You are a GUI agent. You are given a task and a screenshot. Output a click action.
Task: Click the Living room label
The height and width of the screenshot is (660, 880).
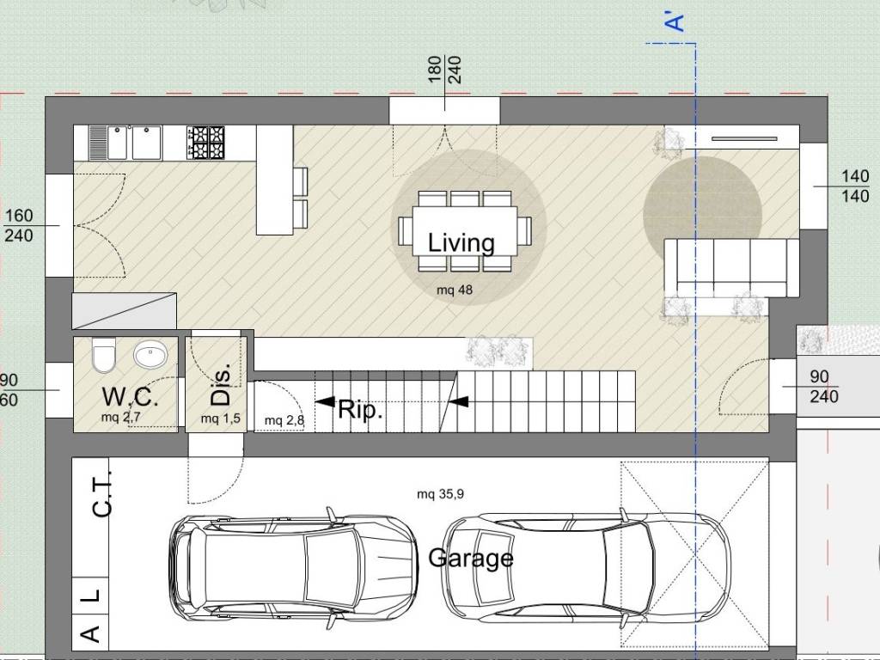click(x=461, y=242)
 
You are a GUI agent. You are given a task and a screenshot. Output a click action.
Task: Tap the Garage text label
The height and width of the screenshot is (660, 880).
click(x=471, y=558)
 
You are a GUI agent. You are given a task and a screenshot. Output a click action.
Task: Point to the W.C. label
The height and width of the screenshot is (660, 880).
click(x=131, y=397)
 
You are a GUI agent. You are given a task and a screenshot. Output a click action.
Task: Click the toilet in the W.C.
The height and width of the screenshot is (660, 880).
click(x=104, y=355)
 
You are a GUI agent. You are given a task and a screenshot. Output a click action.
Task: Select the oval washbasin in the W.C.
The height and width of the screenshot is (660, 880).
click(x=150, y=355)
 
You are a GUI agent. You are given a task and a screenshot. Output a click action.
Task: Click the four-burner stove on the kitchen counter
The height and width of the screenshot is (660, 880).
click(x=205, y=143)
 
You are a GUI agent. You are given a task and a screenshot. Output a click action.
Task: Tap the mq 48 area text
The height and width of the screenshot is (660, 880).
click(x=455, y=290)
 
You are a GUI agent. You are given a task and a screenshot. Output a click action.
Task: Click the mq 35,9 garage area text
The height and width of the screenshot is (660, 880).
click(x=441, y=494)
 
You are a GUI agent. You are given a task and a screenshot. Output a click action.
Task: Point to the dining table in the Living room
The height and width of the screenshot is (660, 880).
click(x=465, y=231)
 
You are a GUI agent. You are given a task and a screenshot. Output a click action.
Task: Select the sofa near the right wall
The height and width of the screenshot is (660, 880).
click(x=731, y=268)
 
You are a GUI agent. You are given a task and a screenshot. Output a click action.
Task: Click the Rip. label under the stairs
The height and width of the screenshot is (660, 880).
click(x=360, y=410)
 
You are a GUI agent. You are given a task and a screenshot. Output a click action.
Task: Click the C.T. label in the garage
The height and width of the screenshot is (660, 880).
click(x=102, y=494)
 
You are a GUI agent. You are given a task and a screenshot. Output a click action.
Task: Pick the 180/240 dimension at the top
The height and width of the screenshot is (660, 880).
click(x=444, y=70)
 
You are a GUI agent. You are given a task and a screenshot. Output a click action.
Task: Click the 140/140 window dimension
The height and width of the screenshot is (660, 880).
click(x=855, y=186)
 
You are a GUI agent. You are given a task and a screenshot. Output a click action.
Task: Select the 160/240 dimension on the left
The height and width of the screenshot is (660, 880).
click(x=19, y=225)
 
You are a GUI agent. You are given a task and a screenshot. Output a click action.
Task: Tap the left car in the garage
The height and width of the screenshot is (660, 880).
click(x=294, y=568)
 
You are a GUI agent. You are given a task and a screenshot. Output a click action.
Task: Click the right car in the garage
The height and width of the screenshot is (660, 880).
click(x=587, y=568)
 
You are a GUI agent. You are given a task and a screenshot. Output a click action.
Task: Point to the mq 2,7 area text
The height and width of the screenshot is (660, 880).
click(x=120, y=418)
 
